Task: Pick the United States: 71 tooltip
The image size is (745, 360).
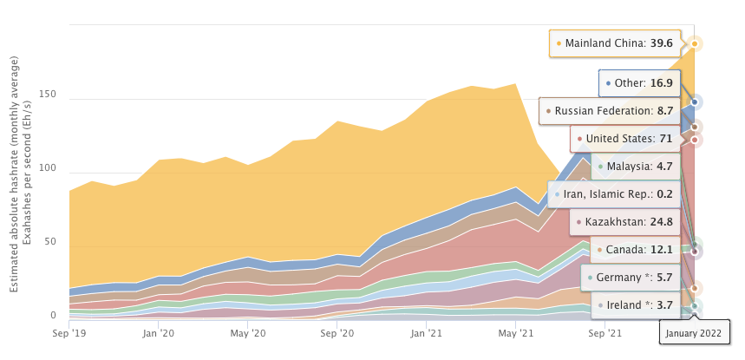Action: pyautogui.click(x=624, y=138)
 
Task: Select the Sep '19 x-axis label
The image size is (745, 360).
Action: pyautogui.click(x=69, y=332)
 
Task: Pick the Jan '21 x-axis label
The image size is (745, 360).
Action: pyautogui.click(x=426, y=332)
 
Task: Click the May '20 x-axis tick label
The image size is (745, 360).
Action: pyautogui.click(x=248, y=332)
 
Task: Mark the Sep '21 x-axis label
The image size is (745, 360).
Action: pyautogui.click(x=604, y=332)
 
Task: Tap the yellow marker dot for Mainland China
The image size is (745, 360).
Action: pyautogui.click(x=695, y=43)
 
